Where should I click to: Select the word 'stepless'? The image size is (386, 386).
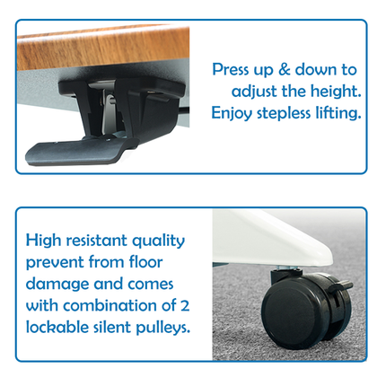(x=285, y=113)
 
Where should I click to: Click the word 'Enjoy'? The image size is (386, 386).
(x=232, y=113)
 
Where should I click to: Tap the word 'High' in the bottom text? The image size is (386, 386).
(x=45, y=241)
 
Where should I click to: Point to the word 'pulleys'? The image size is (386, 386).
(x=163, y=328)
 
